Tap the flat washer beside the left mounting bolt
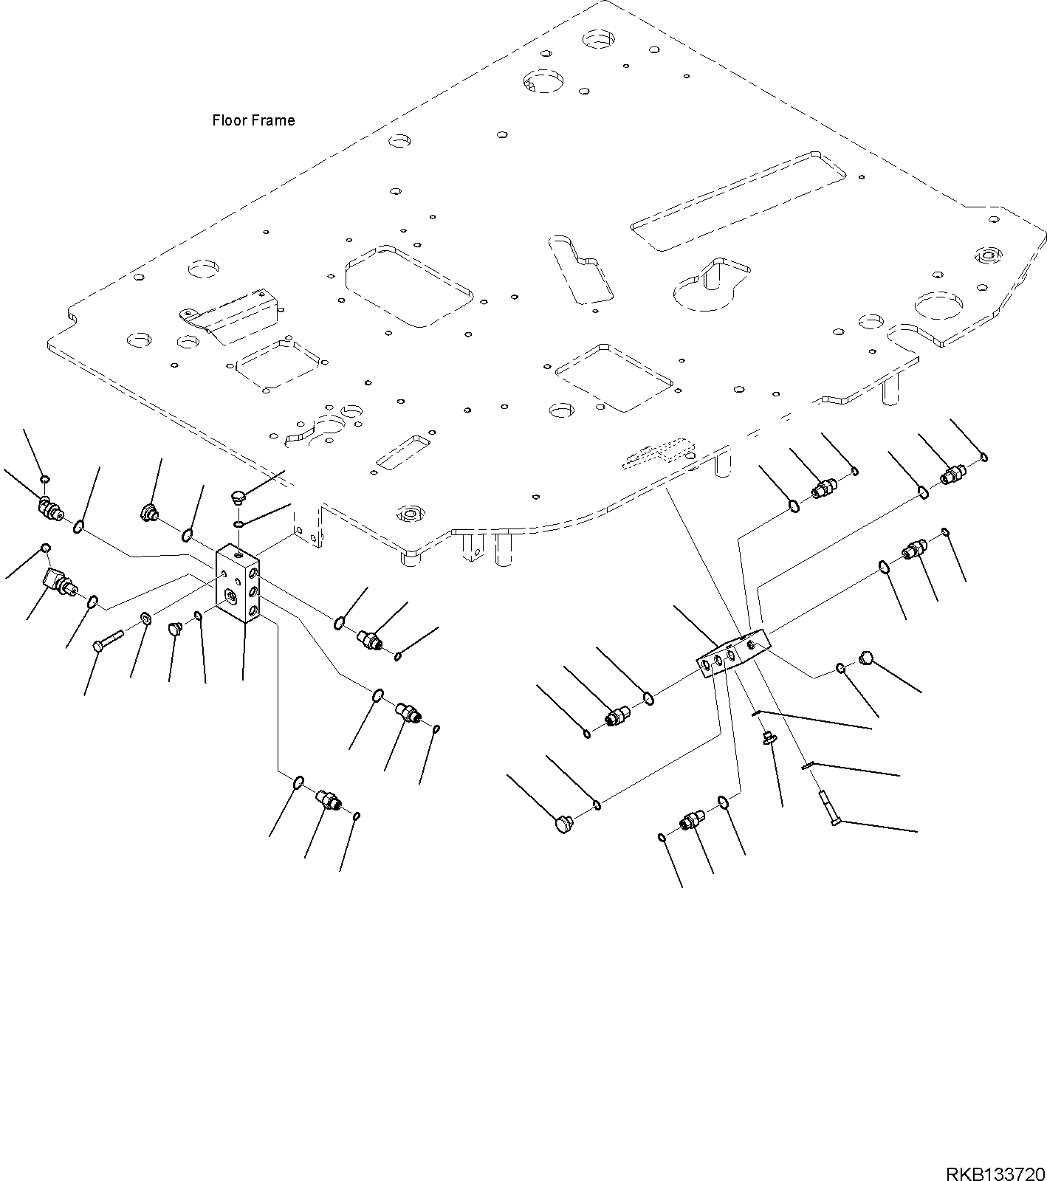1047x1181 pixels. [x=145, y=618]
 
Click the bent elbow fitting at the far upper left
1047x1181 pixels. [x=49, y=509]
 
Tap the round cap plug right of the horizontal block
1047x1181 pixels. [x=865, y=658]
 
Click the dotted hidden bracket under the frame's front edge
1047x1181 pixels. [x=659, y=453]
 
